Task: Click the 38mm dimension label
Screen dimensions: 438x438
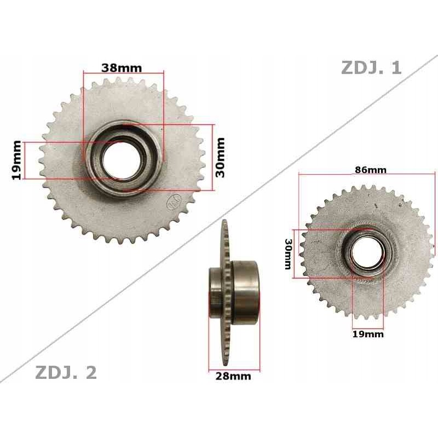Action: pyautogui.click(x=122, y=68)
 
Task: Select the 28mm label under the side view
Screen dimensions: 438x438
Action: pyautogui.click(x=233, y=376)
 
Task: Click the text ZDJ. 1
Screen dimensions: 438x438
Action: pyautogui.click(x=371, y=68)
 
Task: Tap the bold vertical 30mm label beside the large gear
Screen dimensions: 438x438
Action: pyautogui.click(x=220, y=157)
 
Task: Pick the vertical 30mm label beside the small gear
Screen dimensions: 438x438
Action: pyautogui.click(x=288, y=253)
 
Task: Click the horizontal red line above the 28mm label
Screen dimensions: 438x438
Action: pyautogui.click(x=234, y=370)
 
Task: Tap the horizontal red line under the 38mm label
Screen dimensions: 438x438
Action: pyautogui.click(x=123, y=73)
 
